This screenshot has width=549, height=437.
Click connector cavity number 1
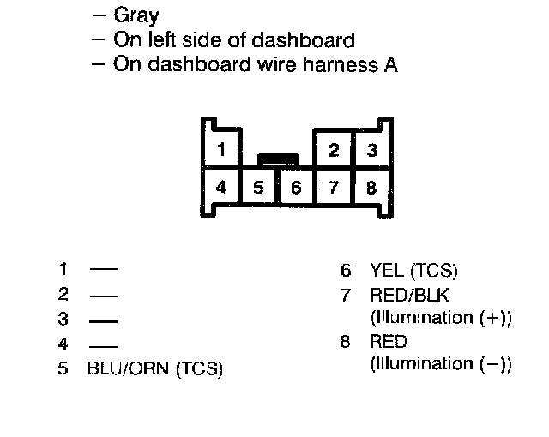pyautogui.click(x=221, y=150)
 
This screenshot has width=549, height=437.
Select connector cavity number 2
pyautogui.click(x=335, y=152)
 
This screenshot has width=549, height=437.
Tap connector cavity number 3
pyautogui.click(x=371, y=152)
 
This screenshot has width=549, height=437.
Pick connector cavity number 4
pyautogui.click(x=221, y=186)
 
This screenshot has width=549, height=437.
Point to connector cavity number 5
pyautogui.click(x=259, y=187)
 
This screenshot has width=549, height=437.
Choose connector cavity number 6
pyautogui.click(x=296, y=187)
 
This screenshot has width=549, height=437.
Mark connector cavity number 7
pyautogui.click(x=335, y=187)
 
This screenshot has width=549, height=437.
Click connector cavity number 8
pyautogui.click(x=371, y=187)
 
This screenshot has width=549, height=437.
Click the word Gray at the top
pyautogui.click(x=136, y=16)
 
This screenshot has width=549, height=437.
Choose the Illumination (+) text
pyautogui.click(x=440, y=318)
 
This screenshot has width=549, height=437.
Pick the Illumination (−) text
pyautogui.click(x=440, y=364)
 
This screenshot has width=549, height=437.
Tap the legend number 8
pyautogui.click(x=346, y=342)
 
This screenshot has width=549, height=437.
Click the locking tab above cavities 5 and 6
pyautogui.click(x=278, y=159)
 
